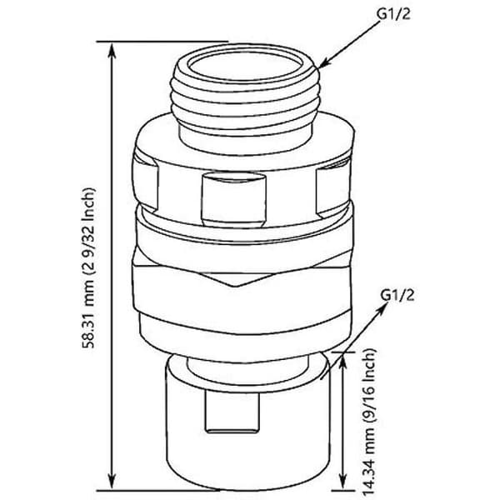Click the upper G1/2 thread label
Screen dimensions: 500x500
tap(393, 14)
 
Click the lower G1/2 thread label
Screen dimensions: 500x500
tap(397, 295)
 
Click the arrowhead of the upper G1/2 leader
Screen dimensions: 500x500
tap(323, 63)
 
